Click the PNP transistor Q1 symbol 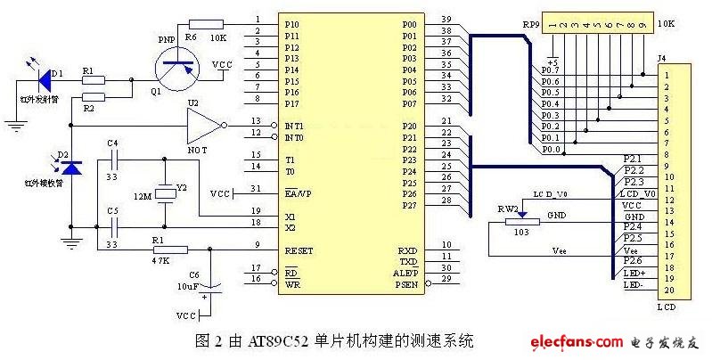(176, 66)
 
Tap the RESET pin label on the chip (299, 250)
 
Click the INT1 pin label (295, 126)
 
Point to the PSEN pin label (405, 285)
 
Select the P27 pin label (409, 206)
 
